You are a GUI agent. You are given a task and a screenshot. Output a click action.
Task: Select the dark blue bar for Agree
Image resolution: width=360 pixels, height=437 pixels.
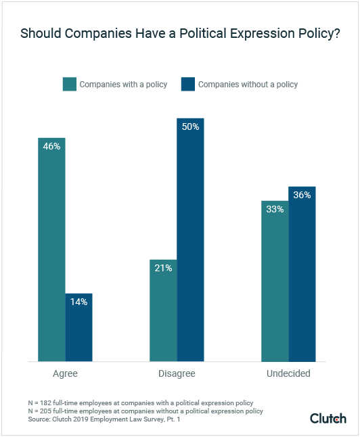(x=78, y=327)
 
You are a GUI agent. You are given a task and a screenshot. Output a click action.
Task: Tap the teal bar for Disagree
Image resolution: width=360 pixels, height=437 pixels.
(x=163, y=310)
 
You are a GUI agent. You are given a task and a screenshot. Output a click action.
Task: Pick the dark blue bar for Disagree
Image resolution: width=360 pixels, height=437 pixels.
(x=190, y=240)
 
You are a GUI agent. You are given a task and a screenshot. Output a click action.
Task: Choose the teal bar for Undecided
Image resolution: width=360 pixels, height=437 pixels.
(x=275, y=281)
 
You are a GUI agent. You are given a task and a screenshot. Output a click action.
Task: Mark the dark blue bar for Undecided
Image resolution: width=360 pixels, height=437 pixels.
(x=302, y=274)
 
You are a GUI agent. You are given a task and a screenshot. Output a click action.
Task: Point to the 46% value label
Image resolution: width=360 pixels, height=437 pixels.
(x=51, y=146)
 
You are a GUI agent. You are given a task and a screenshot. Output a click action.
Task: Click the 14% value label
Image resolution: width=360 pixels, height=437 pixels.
(x=78, y=302)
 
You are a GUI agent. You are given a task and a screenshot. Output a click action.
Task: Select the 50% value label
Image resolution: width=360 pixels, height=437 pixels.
(x=190, y=127)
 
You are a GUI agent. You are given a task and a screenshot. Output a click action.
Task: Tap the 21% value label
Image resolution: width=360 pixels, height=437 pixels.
(x=163, y=268)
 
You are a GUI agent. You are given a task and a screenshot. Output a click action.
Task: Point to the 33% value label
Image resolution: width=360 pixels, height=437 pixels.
(x=275, y=209)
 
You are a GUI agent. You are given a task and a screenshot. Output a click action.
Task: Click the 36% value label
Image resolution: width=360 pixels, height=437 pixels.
(x=302, y=195)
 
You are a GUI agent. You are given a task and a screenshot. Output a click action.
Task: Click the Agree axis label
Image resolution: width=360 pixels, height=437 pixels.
(x=65, y=374)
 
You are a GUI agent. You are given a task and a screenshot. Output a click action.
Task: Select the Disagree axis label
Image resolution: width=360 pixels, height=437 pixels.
(x=177, y=374)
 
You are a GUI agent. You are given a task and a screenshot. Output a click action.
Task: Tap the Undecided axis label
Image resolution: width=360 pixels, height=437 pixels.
(x=288, y=374)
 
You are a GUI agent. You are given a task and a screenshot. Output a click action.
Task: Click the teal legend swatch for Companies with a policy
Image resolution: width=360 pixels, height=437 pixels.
(x=69, y=85)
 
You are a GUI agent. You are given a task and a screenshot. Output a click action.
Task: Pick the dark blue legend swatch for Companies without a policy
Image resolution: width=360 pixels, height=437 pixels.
(x=187, y=85)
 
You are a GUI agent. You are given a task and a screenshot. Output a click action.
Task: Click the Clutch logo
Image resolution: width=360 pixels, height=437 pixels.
(x=328, y=418)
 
